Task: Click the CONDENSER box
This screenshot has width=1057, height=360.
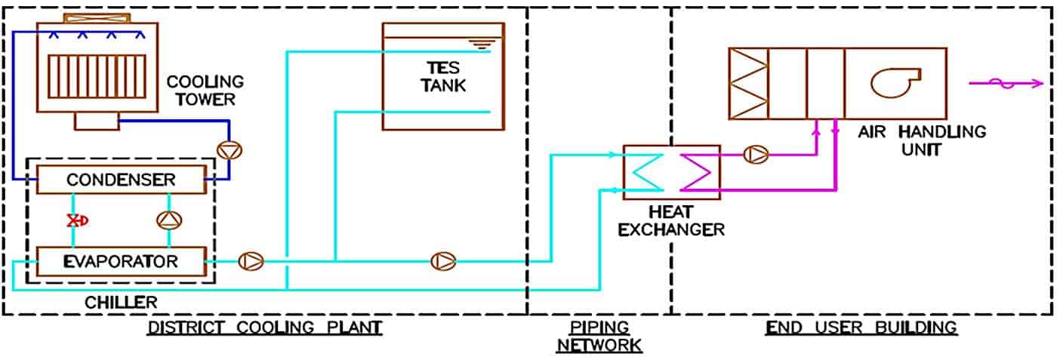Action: (120, 180)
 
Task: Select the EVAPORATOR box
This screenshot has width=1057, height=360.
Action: (120, 262)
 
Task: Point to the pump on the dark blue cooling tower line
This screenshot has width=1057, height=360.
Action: (227, 150)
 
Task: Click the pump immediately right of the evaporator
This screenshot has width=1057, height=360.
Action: (250, 262)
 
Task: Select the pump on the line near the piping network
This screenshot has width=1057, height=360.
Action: (442, 262)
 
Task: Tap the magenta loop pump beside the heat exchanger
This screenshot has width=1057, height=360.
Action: (755, 155)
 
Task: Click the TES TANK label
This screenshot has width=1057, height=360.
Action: (444, 75)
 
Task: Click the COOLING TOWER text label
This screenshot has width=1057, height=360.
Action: (205, 90)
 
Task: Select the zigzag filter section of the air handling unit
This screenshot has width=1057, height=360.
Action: (747, 83)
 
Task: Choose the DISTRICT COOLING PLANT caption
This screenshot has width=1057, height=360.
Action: (264, 328)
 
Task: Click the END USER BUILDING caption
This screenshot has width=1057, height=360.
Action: (861, 328)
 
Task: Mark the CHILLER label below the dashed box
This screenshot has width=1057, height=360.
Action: (121, 303)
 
